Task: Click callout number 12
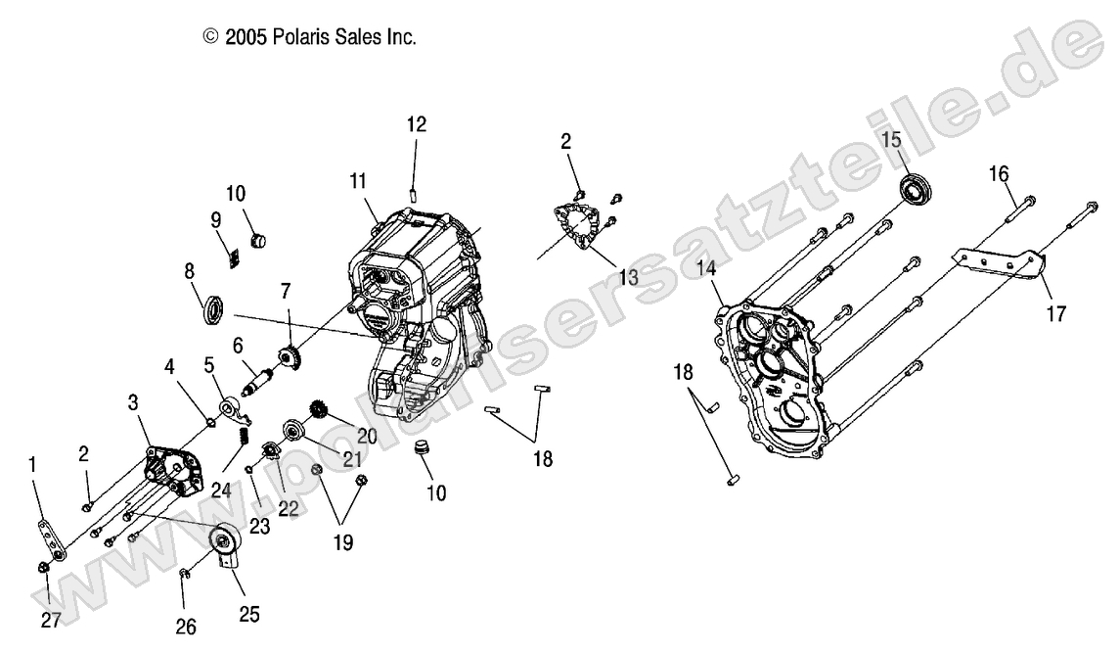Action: point(417,124)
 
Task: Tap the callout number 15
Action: point(891,140)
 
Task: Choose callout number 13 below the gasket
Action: point(628,277)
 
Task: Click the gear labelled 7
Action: point(288,357)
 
